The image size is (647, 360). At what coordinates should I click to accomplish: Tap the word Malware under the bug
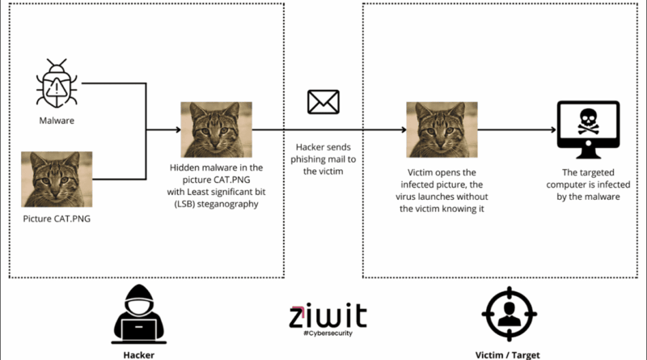click(57, 121)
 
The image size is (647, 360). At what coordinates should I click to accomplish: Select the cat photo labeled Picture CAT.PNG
click(57, 180)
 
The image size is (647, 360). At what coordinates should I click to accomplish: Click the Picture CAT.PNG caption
click(57, 218)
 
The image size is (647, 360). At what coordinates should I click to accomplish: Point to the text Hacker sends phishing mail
click(323, 159)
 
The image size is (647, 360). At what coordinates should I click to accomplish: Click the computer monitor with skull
click(589, 129)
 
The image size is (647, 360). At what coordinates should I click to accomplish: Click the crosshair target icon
click(509, 316)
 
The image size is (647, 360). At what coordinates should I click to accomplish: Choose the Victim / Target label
click(508, 354)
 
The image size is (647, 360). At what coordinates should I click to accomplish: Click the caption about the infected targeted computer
click(588, 185)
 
